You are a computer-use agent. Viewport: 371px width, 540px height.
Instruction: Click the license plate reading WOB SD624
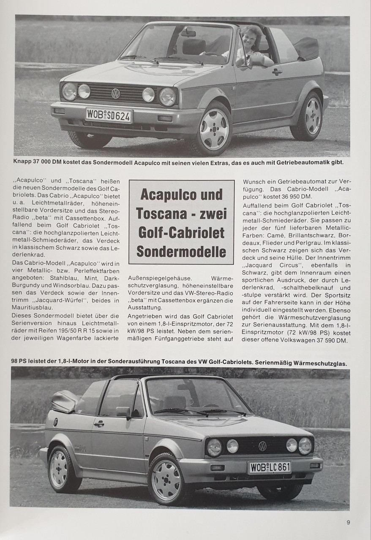(x=109, y=115)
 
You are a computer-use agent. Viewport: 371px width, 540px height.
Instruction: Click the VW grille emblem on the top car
(x=115, y=93)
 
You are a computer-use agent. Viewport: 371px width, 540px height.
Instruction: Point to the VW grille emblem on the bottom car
(x=262, y=446)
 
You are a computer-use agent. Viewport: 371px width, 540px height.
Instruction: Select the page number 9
(x=348, y=522)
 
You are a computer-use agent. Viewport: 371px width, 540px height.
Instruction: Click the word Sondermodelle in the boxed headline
(x=181, y=252)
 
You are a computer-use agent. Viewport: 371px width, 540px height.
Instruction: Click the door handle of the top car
(x=277, y=72)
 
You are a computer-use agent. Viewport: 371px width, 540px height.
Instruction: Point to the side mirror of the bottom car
(x=124, y=412)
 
